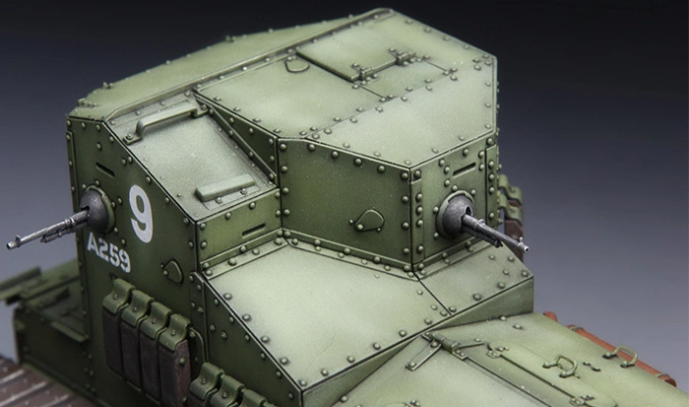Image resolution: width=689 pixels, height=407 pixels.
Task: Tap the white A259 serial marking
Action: click(x=108, y=252)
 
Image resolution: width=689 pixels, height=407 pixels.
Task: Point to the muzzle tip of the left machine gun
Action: click(x=10, y=244)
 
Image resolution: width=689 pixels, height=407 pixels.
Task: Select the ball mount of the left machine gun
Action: click(x=97, y=209)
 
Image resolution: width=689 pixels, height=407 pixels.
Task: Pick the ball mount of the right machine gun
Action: click(x=456, y=214)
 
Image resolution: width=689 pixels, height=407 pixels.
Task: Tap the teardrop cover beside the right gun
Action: click(x=368, y=220)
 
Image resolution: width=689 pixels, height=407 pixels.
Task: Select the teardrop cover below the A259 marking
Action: click(x=172, y=271)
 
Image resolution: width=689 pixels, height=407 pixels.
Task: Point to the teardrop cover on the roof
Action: click(x=296, y=65)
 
